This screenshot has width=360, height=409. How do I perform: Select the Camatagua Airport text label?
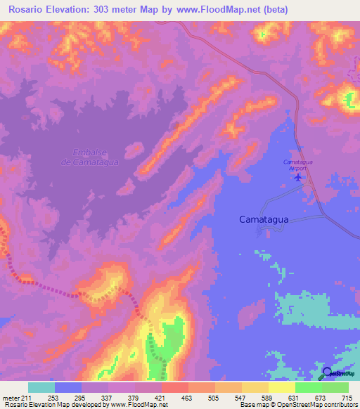(299, 165)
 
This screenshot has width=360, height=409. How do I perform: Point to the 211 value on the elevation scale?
(27, 398)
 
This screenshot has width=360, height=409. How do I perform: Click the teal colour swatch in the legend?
(41, 388)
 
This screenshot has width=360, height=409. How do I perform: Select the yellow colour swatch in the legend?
(281, 388)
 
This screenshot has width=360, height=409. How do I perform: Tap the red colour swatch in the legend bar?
(174, 388)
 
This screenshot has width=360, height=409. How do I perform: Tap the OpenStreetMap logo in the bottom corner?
(340, 375)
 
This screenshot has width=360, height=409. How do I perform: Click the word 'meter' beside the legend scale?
(11, 398)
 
